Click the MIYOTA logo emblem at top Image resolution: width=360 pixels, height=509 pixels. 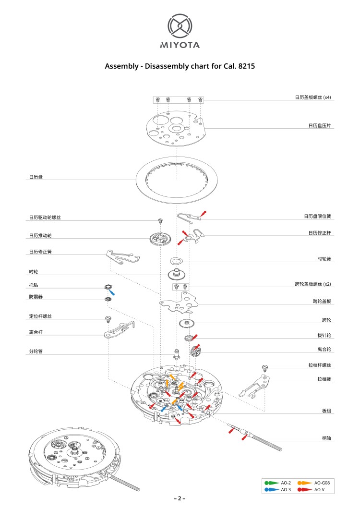click(180, 26)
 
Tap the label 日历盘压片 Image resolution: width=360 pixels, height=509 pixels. click(320, 126)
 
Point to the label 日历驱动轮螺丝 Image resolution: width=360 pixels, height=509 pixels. click(45, 218)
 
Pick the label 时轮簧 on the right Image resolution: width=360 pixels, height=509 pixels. click(324, 259)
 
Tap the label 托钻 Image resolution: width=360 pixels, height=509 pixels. click(33, 285)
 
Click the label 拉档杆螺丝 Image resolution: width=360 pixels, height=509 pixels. click(320, 365)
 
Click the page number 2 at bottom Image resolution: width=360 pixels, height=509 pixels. click(180, 498)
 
